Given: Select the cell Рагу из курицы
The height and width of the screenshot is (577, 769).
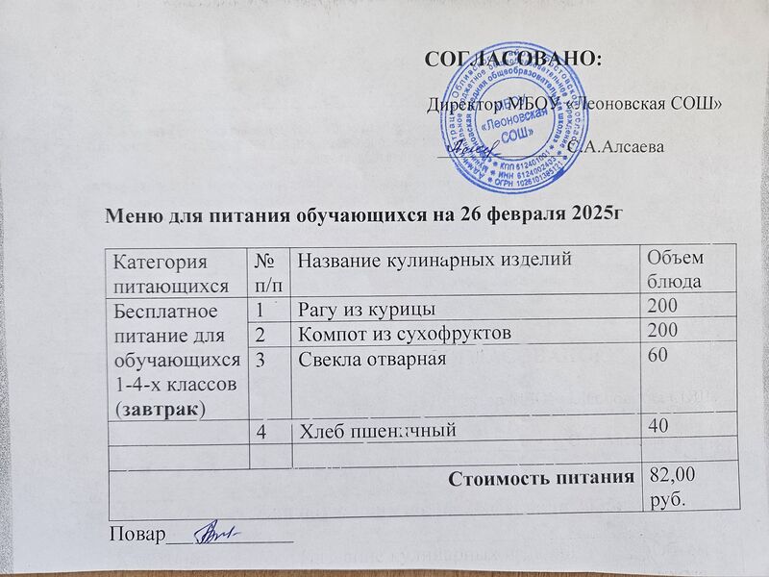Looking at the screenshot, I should point(364,309).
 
